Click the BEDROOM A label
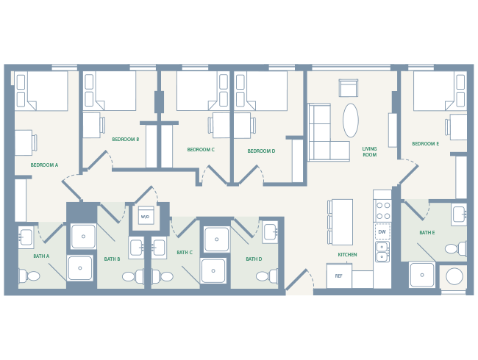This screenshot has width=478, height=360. pyautogui.click(x=44, y=165)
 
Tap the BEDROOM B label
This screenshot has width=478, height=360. pyautogui.click(x=125, y=139)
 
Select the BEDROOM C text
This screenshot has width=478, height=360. pyautogui.click(x=201, y=150)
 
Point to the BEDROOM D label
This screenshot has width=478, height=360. pyautogui.click(x=261, y=151)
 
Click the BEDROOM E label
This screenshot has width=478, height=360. pyautogui.click(x=425, y=144)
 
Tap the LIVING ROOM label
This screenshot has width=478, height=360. pyautogui.click(x=369, y=152)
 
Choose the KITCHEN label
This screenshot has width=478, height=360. pyautogui.click(x=347, y=255)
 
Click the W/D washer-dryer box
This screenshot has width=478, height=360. pyautogui.click(x=144, y=217)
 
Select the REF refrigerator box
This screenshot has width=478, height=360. pyautogui.click(x=338, y=276)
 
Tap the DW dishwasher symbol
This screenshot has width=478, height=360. pyautogui.click(x=382, y=232)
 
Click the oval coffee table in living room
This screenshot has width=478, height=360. pyautogui.click(x=351, y=120)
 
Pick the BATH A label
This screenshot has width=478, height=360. pyautogui.click(x=41, y=256)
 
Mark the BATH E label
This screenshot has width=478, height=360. pyautogui.click(x=427, y=233)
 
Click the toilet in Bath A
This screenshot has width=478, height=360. pyautogui.click(x=30, y=276)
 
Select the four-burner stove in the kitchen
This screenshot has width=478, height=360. pyautogui.click(x=382, y=211)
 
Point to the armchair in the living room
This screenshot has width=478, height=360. pyautogui.click(x=349, y=87)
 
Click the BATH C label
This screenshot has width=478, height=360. pyautogui.click(x=184, y=253)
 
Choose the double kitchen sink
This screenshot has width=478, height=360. pyautogui.click(x=382, y=251)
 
